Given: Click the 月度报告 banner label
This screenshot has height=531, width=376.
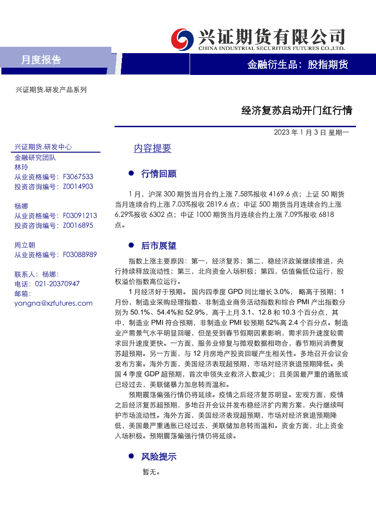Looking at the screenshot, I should (41, 60).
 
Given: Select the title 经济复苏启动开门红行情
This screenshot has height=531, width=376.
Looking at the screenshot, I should (296, 110).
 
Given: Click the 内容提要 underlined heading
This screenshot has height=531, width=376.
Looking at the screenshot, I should (152, 149).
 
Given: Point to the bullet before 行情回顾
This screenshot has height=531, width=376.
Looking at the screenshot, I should (131, 173).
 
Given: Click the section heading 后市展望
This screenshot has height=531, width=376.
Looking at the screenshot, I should (159, 246).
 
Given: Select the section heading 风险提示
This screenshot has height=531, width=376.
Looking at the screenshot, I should (159, 457).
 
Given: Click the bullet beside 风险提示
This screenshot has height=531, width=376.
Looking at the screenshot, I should (131, 456).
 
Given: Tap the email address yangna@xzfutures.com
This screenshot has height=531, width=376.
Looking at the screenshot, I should (53, 303).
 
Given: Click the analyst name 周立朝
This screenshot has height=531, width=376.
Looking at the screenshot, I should (25, 245).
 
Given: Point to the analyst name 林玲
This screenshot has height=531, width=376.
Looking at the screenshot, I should (21, 167).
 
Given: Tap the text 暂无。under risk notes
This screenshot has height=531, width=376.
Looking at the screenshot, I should (151, 472).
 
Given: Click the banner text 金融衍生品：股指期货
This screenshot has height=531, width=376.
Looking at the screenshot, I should (297, 65).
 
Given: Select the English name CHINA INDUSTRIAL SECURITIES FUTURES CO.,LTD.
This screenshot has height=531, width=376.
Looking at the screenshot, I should (271, 48).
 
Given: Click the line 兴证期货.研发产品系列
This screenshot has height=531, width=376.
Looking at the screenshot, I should (51, 90).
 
